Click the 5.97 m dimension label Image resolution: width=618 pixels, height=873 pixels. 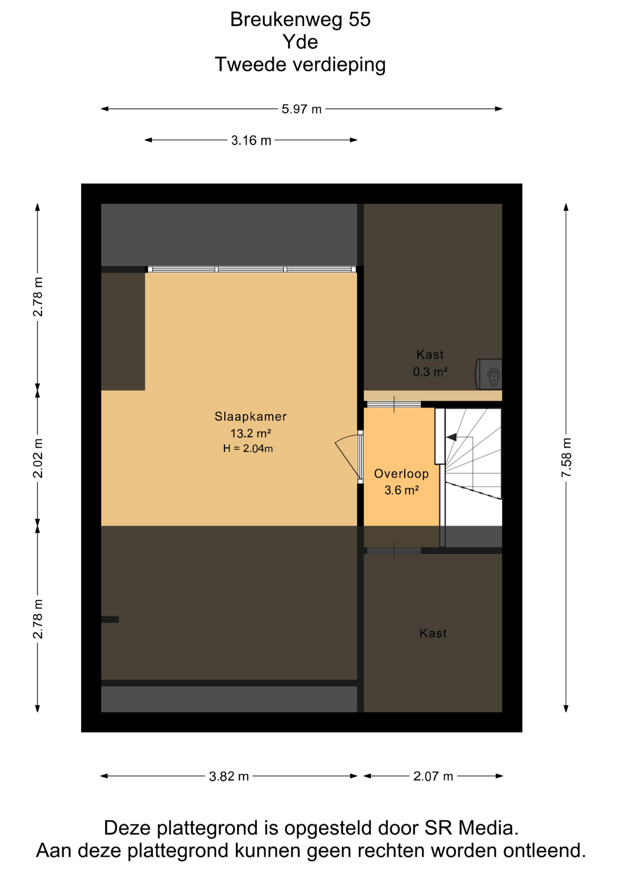coord(301,109)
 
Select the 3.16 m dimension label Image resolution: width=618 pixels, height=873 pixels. coord(251,140)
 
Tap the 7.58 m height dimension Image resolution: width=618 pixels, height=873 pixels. coord(566,457)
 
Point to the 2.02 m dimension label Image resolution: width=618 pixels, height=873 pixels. coord(38,458)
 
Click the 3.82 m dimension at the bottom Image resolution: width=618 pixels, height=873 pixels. coord(229,776)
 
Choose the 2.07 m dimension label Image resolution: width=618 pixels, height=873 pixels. coord(433,776)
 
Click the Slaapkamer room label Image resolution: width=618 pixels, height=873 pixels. coord(251,416)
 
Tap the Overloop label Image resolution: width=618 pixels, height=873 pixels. coord(401,474)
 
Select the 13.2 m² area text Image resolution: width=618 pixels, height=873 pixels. coord(251,433)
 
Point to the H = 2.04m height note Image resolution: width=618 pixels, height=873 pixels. coord(248,449)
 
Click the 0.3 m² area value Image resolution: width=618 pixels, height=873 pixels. coord(430,372)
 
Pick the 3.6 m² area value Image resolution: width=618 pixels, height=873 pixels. coord(401,491)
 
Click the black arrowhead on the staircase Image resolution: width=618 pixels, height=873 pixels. coord(451,437)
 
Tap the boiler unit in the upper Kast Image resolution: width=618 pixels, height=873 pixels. coord(489,374)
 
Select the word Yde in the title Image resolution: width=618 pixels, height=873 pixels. coord(300,42)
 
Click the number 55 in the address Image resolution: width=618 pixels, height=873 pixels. coord(360,20)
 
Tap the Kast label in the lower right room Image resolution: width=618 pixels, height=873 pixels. coord(433,633)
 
